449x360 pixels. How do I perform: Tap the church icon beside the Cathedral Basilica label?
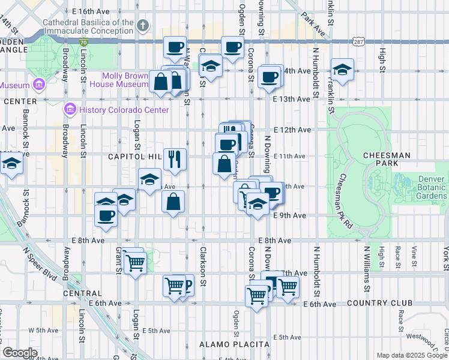coord(142,26)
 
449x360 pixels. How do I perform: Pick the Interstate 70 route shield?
coord(85,42)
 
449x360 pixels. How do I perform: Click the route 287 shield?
coord(358,42)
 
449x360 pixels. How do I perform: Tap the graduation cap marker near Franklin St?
coord(342,70)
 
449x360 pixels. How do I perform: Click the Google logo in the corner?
coord(20,353)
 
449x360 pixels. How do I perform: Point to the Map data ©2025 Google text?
coord(411,355)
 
